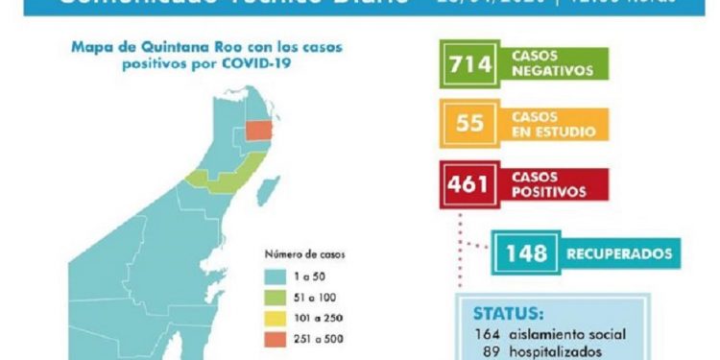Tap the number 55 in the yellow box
point(471,123)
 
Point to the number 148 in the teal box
point(526,253)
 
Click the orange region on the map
point(258,133)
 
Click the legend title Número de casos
point(304,255)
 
